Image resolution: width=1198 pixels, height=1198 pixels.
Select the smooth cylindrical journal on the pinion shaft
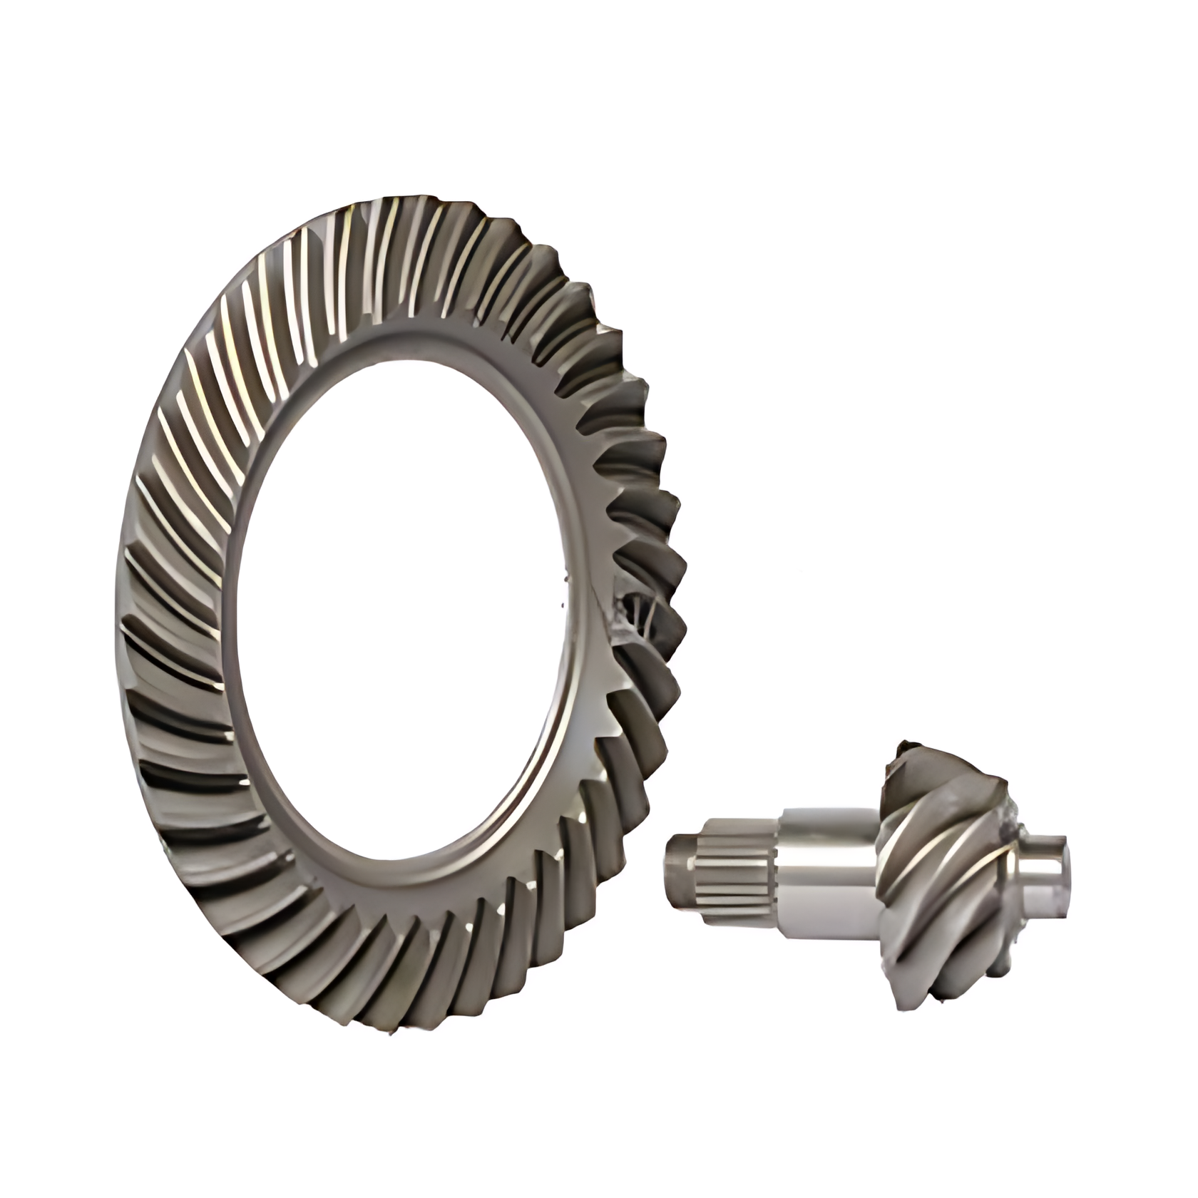click(x=827, y=874)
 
